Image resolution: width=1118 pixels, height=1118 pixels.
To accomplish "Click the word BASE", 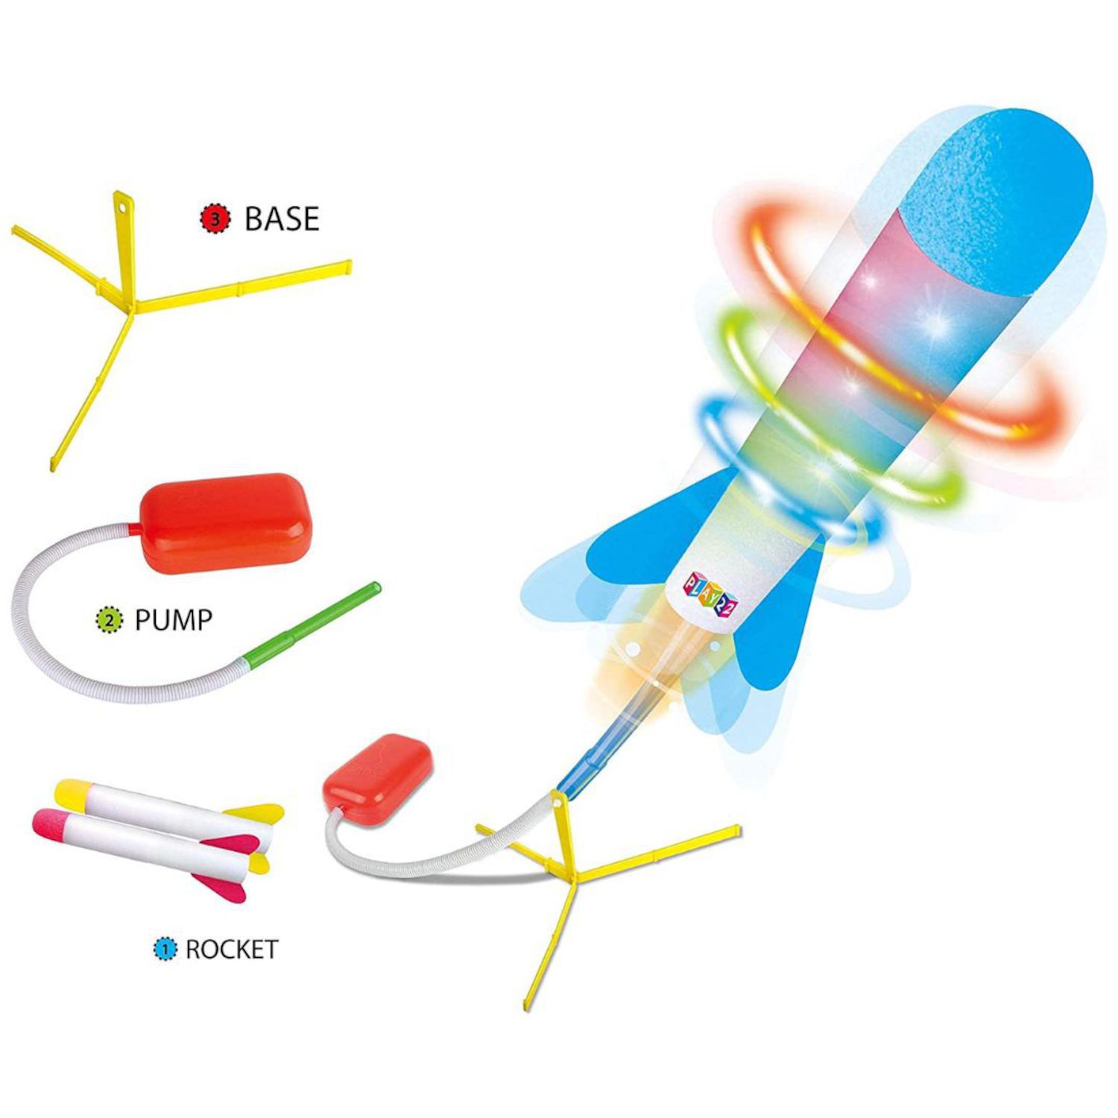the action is [282, 218].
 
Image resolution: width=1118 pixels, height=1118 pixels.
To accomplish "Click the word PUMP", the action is [173, 619].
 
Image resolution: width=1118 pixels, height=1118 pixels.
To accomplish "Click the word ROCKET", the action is [231, 950].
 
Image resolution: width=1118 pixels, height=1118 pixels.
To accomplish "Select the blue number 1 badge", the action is [165, 950].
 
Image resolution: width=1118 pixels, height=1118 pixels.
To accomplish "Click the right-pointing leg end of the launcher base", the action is [734, 830].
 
